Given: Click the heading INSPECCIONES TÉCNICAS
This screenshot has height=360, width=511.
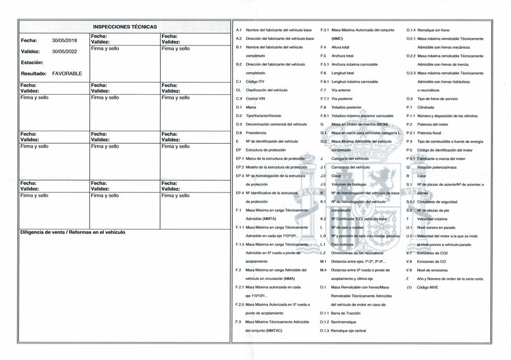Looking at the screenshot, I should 124,27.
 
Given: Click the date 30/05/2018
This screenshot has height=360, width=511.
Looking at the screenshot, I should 64,41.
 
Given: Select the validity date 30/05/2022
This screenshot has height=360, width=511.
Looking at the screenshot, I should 64,52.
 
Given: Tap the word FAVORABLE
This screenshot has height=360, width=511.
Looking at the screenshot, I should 67,74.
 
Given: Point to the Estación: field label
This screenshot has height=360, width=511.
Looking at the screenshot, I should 32,62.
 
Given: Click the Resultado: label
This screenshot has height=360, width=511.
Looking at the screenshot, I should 34,74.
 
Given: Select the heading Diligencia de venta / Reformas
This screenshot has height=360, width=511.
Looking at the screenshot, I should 72,232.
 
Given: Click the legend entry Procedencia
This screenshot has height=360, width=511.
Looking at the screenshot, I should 256,132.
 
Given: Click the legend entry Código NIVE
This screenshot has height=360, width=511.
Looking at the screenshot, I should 427,288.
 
